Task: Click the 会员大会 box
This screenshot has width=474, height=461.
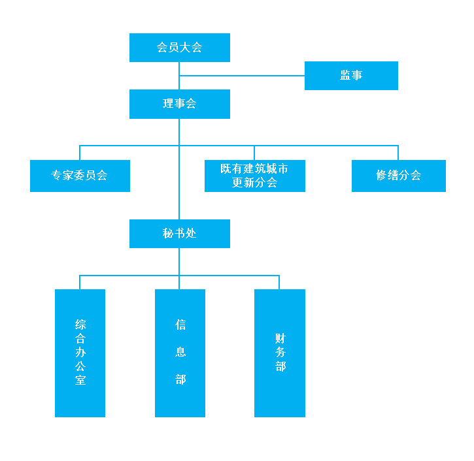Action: tap(180, 48)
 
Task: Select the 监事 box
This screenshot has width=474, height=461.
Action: tap(351, 75)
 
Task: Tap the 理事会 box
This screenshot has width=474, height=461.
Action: tap(180, 104)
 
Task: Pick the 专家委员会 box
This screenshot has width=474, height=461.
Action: tap(80, 176)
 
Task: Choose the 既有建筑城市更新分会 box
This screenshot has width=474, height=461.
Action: tap(255, 176)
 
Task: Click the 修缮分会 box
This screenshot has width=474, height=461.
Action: tap(398, 176)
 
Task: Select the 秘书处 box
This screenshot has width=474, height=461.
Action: tap(180, 234)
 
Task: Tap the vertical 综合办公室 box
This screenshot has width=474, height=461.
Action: tap(80, 353)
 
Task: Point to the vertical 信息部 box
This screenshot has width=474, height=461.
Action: tap(180, 353)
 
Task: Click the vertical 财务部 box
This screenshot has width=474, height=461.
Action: tap(280, 353)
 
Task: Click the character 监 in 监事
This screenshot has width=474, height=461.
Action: tap(345, 75)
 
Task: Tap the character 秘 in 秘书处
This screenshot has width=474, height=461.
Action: tap(169, 234)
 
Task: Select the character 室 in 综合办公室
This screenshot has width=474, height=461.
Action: tap(80, 380)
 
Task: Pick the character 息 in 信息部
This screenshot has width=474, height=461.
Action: tap(180, 352)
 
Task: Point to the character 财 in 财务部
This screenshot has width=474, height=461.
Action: tap(280, 338)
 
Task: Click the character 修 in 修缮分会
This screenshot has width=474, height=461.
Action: tap(382, 176)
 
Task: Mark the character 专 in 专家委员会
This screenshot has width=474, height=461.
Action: tap(57, 176)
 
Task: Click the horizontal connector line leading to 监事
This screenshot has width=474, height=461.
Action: tap(242, 76)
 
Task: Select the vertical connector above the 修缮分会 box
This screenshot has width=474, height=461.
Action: tap(398, 153)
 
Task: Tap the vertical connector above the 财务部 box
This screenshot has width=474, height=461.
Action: tap(280, 282)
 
